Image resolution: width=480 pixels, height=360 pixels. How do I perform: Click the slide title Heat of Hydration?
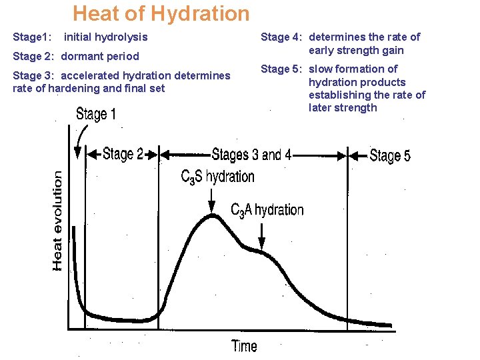pyautogui.click(x=161, y=13)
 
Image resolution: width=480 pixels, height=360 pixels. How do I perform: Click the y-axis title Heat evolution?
pyautogui.click(x=59, y=221)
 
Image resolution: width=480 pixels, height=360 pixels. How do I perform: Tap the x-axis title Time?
pyautogui.click(x=244, y=345)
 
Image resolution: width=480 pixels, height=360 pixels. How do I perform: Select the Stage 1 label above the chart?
pyautogui.click(x=96, y=114)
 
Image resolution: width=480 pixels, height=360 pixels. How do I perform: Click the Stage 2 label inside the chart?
pyautogui.click(x=123, y=154)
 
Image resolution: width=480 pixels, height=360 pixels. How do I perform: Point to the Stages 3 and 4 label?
pyautogui.click(x=251, y=155)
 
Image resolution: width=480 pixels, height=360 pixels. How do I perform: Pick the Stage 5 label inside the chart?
pyautogui.click(x=390, y=155)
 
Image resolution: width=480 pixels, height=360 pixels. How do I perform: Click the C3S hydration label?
pyautogui.click(x=217, y=177)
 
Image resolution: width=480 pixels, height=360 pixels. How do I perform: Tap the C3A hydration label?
pyautogui.click(x=267, y=210)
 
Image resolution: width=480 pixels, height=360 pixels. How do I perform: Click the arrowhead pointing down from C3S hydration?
pyautogui.click(x=212, y=205)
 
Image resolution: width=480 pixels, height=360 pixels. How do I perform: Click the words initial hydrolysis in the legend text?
pyautogui.click(x=105, y=37)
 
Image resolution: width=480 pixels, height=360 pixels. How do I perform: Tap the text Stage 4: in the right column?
pyautogui.click(x=282, y=37)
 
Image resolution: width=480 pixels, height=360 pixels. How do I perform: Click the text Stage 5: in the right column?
pyautogui.click(x=282, y=69)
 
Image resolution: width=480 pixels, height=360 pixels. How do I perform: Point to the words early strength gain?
pyautogui.click(x=356, y=50)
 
